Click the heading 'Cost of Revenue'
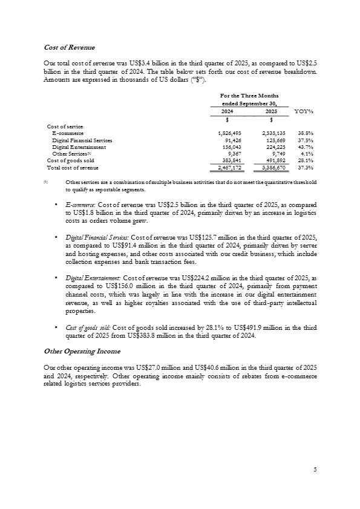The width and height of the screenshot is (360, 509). pyautogui.click(x=70, y=47)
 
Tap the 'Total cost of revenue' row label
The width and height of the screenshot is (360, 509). pyautogui.click(x=73, y=168)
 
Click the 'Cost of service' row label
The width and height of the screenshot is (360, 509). pyautogui.click(x=66, y=126)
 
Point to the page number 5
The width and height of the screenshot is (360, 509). pyautogui.click(x=315, y=469)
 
